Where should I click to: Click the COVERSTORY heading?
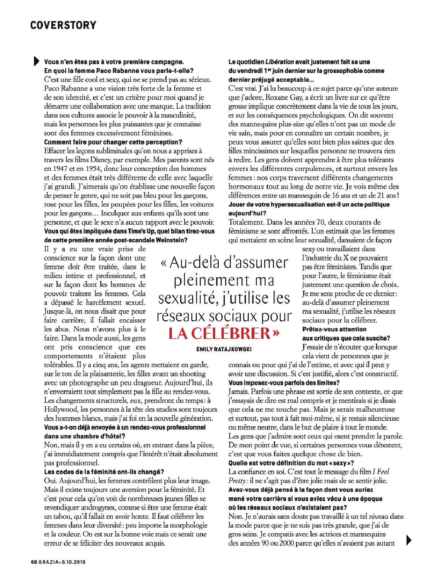click(x=63, y=25)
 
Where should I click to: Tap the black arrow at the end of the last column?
click(x=408, y=540)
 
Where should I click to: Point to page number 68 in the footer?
click(x=34, y=562)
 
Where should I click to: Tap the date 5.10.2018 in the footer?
click(x=74, y=562)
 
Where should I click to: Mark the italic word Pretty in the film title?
click(x=237, y=481)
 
